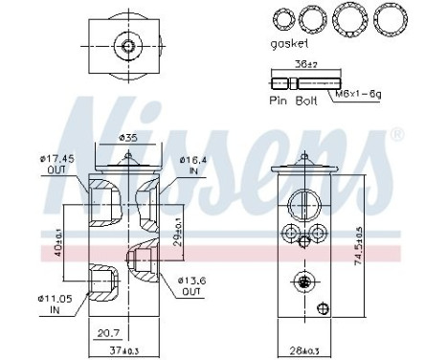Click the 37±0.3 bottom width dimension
coord(126,348)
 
